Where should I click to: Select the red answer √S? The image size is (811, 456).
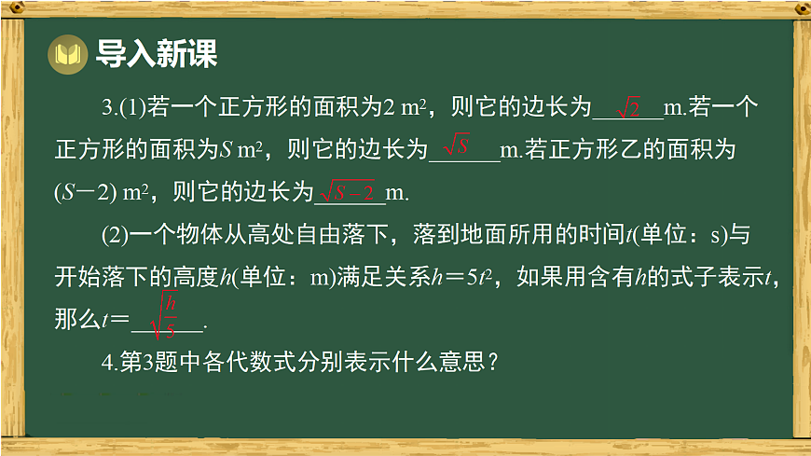tap(457, 146)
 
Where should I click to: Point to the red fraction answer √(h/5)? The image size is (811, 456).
tap(166, 315)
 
